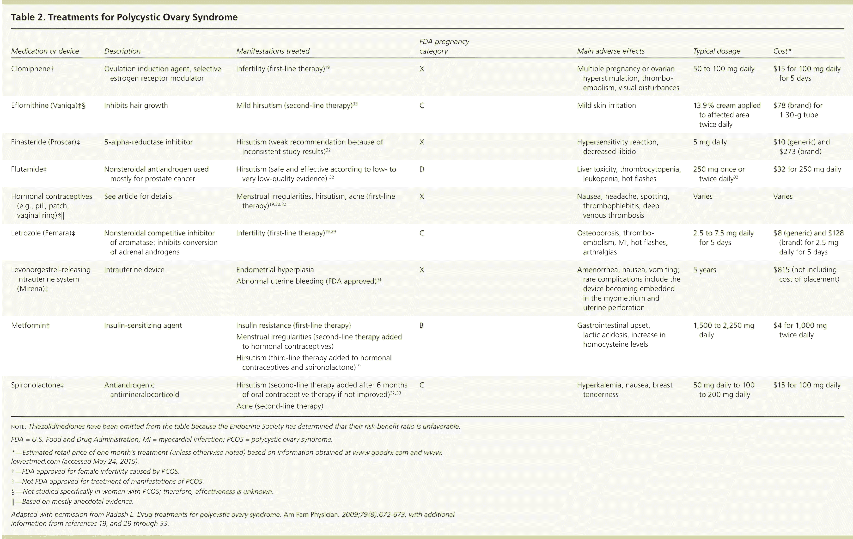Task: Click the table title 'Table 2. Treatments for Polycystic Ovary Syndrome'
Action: pyautogui.click(x=124, y=17)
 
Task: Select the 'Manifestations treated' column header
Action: pyautogui.click(x=273, y=51)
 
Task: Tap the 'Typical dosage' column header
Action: pyautogui.click(x=717, y=51)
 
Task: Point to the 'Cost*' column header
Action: pyautogui.click(x=782, y=51)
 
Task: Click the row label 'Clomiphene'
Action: pyautogui.click(x=32, y=69)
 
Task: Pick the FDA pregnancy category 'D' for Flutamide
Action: pyautogui.click(x=421, y=169)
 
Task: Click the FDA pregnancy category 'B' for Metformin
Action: pyautogui.click(x=421, y=325)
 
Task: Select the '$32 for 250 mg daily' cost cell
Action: pyautogui.click(x=807, y=169)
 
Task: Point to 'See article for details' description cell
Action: pyautogui.click(x=138, y=196)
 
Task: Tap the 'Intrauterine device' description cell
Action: pyautogui.click(x=134, y=270)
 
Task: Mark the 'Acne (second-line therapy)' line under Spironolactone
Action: pyautogui.click(x=280, y=406)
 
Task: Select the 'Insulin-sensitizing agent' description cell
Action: pyautogui.click(x=143, y=325)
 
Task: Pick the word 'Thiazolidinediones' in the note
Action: pyautogui.click(x=57, y=427)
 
